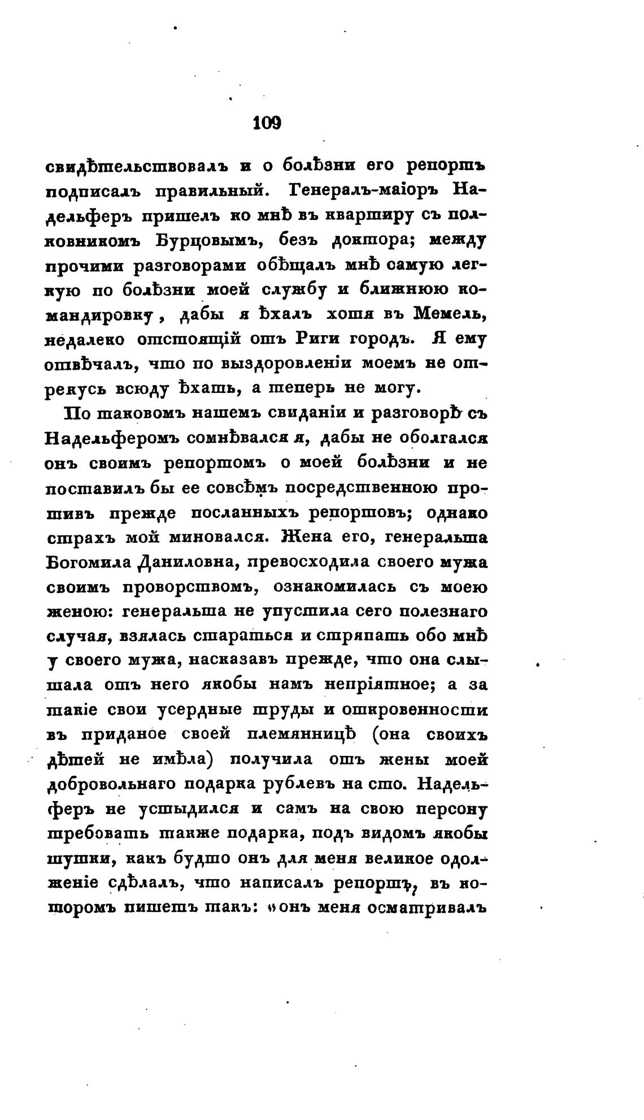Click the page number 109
point(267,122)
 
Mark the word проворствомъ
point(186,588)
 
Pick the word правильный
point(210,192)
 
